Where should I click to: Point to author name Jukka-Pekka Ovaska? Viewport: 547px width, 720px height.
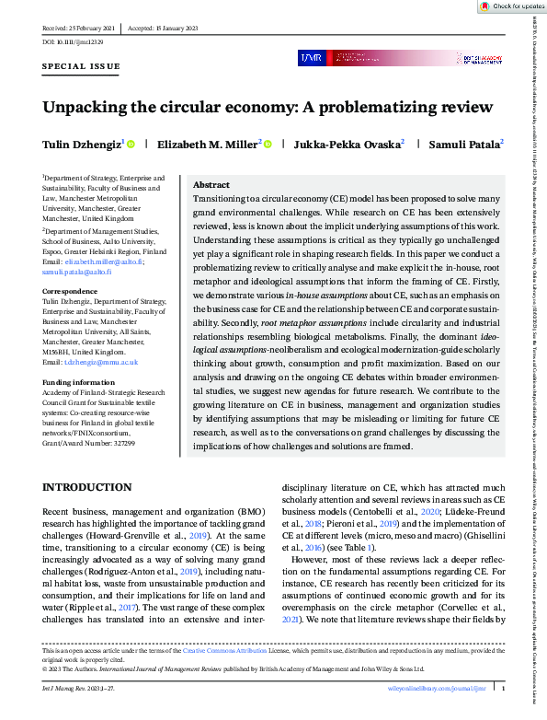(x=348, y=144)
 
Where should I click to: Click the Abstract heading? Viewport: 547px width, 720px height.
(x=211, y=184)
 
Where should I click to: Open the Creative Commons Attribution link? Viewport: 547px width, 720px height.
(x=234, y=651)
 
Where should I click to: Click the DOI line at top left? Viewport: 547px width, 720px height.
(x=73, y=42)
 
